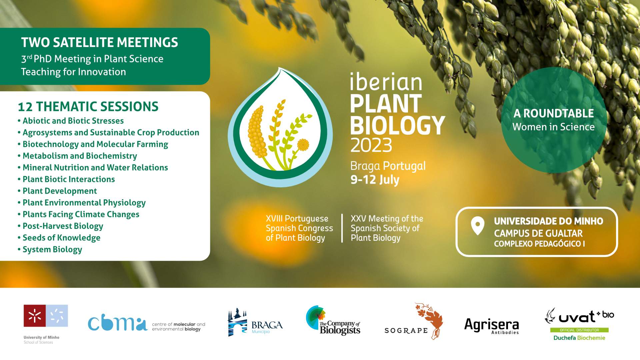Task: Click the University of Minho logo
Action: [46, 324]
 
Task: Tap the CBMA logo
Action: [147, 324]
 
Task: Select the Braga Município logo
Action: [255, 322]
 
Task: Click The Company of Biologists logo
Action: [333, 320]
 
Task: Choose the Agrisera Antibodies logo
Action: [492, 326]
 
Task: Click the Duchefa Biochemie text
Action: [579, 338]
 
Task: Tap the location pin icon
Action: [477, 226]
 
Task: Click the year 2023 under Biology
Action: [371, 145]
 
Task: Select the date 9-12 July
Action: [375, 180]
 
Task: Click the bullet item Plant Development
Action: [57, 191]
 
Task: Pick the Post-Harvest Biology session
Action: [60, 226]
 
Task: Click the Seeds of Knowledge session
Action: [59, 238]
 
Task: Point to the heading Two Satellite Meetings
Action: [100, 42]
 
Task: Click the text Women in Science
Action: [553, 127]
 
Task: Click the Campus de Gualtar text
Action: [538, 233]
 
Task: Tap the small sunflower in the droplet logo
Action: [303, 145]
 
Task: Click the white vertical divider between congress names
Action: [342, 228]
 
